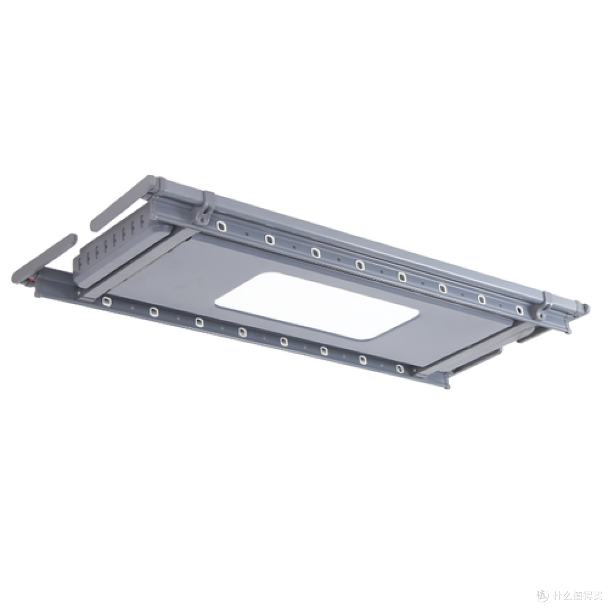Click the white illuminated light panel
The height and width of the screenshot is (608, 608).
[x=317, y=306]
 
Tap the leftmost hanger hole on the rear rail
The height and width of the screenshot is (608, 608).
[x=221, y=226]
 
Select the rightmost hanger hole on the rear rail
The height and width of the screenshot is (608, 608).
[x=519, y=310]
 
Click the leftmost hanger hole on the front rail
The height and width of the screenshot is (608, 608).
[x=106, y=301]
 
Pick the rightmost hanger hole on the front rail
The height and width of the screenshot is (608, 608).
[x=400, y=368]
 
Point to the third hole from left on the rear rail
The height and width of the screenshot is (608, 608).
[x=316, y=253]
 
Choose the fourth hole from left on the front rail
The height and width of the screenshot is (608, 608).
[x=242, y=332]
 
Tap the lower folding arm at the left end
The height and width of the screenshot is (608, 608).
[x=43, y=258]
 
